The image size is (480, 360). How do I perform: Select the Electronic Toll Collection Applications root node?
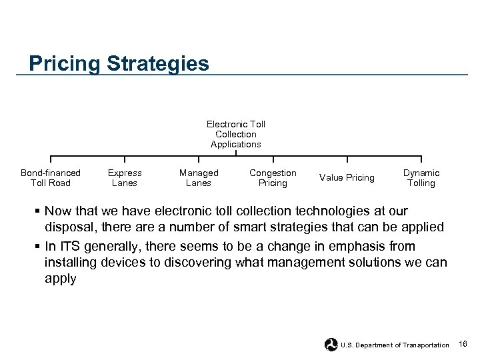(x=235, y=134)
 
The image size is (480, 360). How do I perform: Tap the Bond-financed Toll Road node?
(x=51, y=178)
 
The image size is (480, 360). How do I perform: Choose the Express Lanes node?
(x=125, y=178)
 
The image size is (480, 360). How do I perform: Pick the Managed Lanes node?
(x=199, y=178)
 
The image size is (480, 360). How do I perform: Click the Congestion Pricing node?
(x=273, y=178)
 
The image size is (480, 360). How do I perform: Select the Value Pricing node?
(x=347, y=178)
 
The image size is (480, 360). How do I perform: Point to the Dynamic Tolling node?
(x=421, y=178)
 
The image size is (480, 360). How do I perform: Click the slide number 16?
(x=463, y=344)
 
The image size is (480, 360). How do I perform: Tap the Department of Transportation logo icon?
(x=331, y=345)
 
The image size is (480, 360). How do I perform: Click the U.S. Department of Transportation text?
(x=395, y=345)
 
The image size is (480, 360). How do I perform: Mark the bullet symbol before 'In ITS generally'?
(x=38, y=245)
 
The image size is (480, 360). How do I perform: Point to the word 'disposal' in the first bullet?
(x=69, y=227)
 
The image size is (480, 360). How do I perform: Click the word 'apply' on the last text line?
(x=60, y=279)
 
